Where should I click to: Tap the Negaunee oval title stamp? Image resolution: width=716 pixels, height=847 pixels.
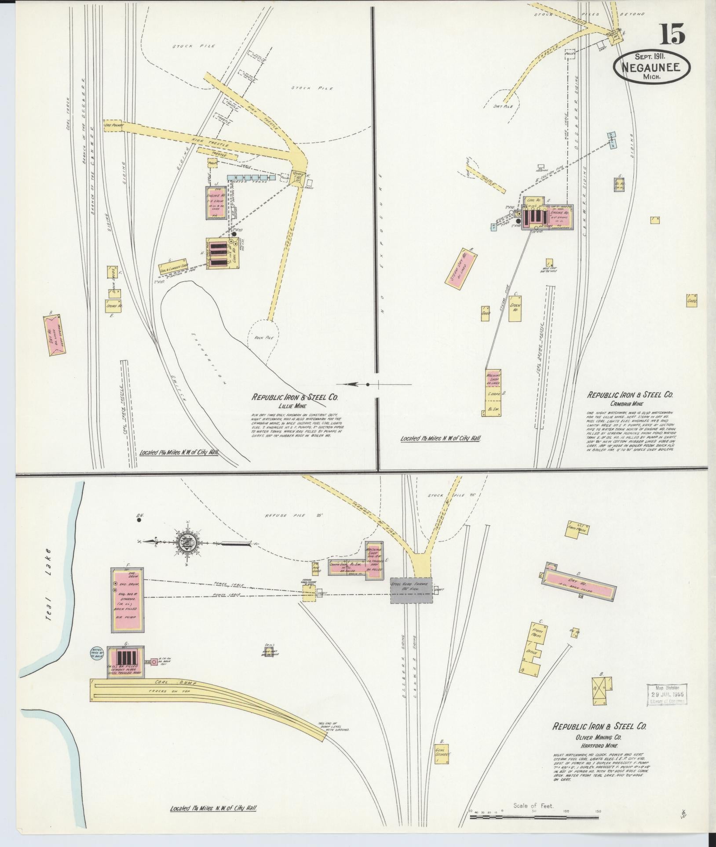click(x=652, y=67)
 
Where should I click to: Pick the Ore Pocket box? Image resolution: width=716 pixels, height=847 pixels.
click(x=113, y=125)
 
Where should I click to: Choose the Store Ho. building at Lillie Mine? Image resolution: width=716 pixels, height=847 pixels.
click(x=113, y=305)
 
